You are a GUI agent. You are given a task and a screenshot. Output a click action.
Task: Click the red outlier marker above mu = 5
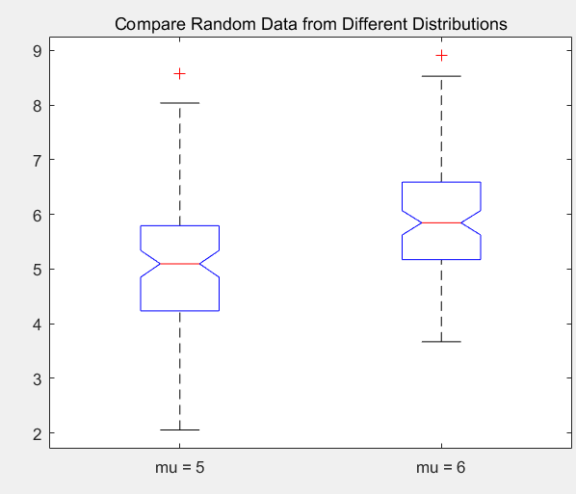coord(179,74)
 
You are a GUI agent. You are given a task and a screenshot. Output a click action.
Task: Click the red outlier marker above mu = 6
coord(441,56)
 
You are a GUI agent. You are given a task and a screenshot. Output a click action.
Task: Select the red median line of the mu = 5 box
coord(179,264)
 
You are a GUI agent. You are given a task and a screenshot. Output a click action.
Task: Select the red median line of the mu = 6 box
coord(441,222)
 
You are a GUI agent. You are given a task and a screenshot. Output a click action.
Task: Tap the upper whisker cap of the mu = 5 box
coord(179,103)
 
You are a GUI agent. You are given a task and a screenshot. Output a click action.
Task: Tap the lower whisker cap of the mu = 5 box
coord(179,429)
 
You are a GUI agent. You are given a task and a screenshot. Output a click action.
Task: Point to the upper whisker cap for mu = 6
coord(441,76)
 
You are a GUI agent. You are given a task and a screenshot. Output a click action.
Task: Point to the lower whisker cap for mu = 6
coord(441,342)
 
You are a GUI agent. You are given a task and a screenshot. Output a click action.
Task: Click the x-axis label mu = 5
coord(179,468)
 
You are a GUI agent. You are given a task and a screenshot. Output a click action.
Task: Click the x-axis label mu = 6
coord(441,468)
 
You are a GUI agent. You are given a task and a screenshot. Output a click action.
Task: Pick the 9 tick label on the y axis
coord(38,51)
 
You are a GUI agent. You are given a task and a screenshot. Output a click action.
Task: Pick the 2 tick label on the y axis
coord(38,434)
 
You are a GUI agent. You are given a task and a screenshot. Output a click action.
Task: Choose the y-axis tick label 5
coord(38,270)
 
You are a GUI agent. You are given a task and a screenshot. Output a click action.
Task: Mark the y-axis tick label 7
coord(38,161)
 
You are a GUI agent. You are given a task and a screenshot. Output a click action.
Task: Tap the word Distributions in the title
coord(461,24)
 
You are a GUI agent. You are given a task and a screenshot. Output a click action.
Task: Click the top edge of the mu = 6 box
coord(441,182)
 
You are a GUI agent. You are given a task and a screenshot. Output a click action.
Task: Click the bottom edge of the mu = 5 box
coord(179,311)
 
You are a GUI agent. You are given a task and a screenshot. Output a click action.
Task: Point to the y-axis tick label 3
coord(38,379)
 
